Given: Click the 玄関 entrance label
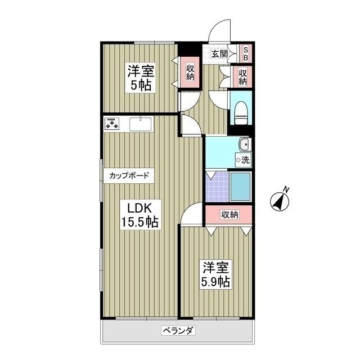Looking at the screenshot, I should click(219, 54).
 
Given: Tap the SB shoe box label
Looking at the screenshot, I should click(245, 54).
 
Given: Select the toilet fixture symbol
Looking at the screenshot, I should click(241, 111).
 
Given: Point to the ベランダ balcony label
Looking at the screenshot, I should click(178, 331).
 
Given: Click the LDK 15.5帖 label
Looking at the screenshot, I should click(140, 214).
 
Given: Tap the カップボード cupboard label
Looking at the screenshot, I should click(129, 175).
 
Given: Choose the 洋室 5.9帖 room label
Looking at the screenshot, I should click(216, 274).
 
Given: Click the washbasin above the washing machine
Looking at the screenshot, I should click(244, 145).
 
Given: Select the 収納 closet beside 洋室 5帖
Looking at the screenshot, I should click(190, 72).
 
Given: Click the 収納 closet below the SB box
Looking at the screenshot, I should click(242, 76).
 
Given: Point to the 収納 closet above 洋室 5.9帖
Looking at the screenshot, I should click(229, 214).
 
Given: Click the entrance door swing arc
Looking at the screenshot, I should click(219, 30).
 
